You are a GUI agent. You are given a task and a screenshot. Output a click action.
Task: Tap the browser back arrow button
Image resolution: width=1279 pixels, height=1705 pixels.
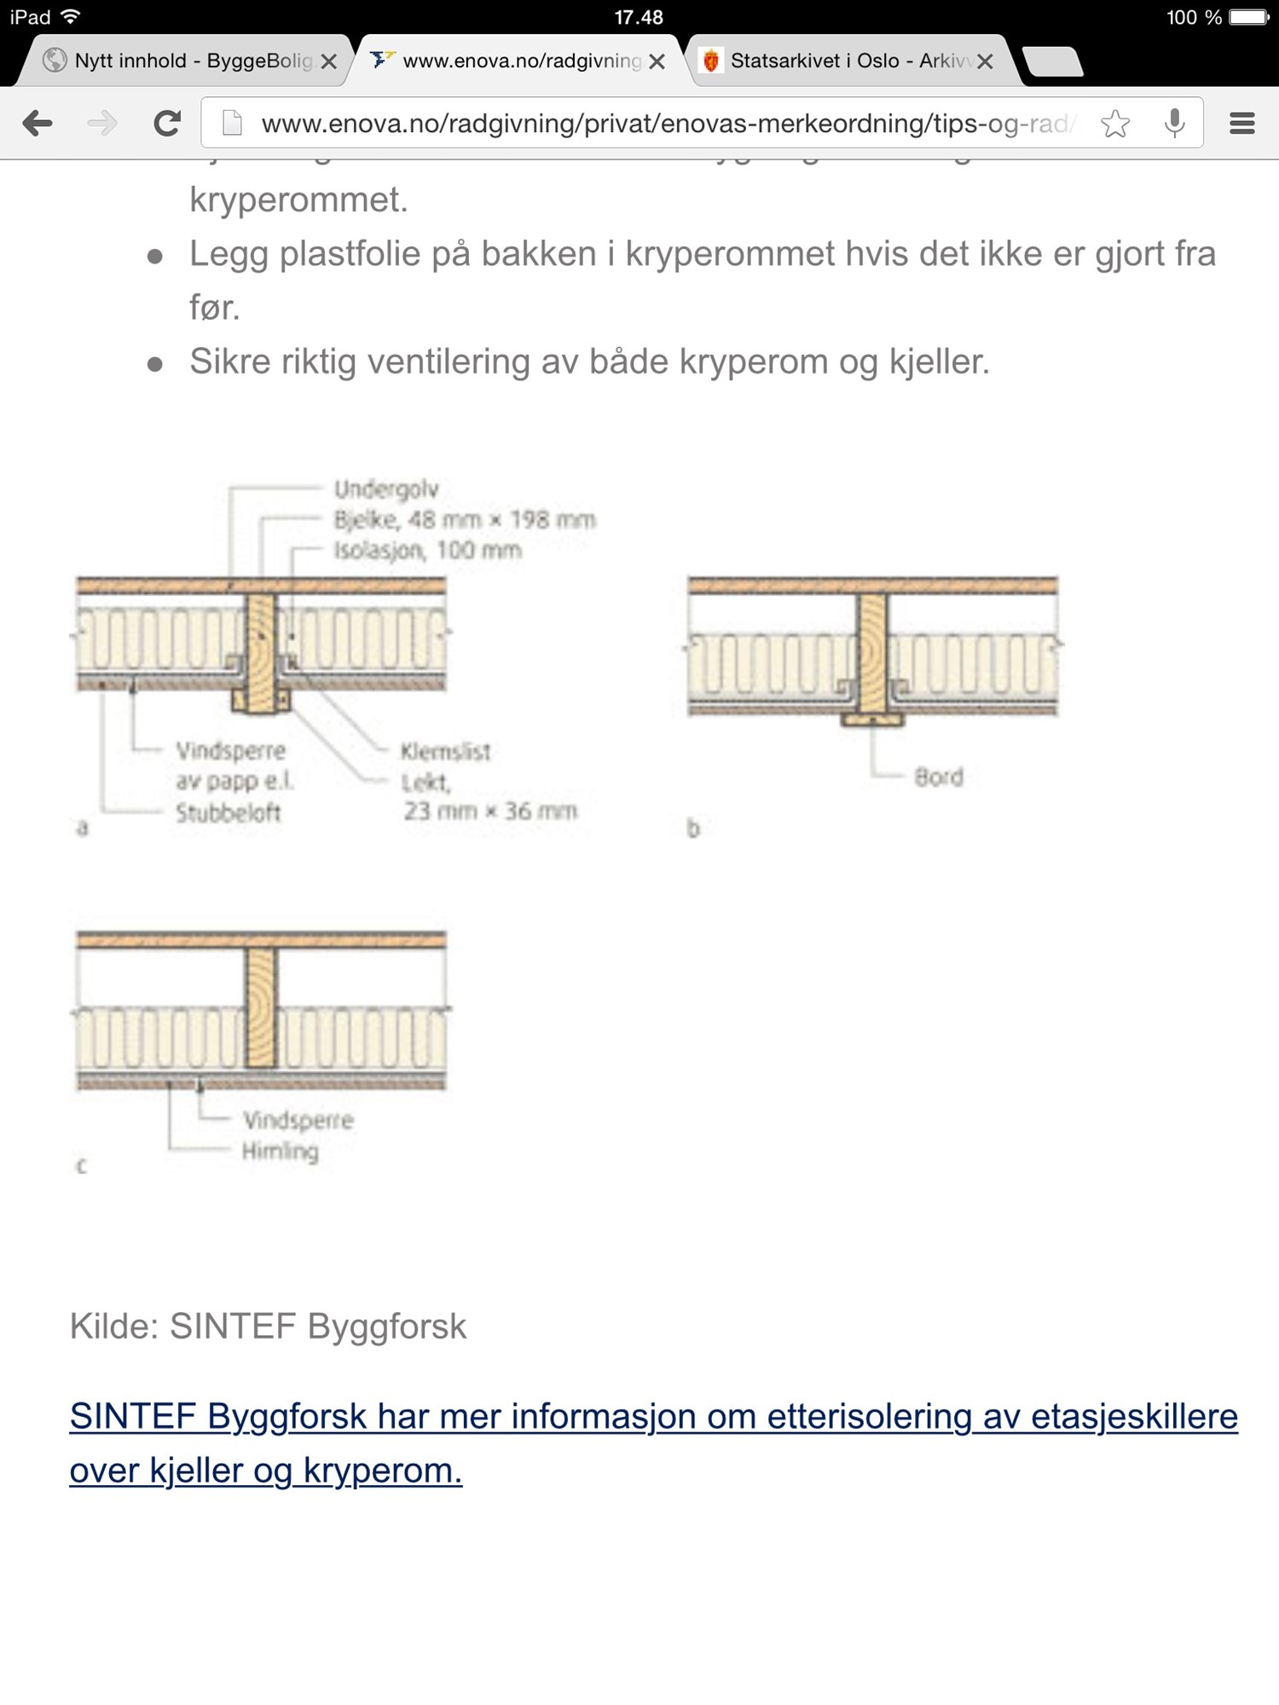pyautogui.click(x=38, y=124)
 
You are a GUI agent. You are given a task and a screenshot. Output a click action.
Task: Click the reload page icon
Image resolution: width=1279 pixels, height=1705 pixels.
pyautogui.click(x=167, y=124)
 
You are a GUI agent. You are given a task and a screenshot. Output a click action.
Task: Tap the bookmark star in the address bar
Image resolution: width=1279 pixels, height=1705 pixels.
pyautogui.click(x=1114, y=124)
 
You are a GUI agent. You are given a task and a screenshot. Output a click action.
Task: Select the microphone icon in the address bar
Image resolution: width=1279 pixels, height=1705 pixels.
pyautogui.click(x=1175, y=124)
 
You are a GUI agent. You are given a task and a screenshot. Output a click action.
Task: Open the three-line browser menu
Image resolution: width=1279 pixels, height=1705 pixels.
pyautogui.click(x=1241, y=124)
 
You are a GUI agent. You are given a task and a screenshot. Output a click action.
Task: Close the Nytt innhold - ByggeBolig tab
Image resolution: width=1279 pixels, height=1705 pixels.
pyautogui.click(x=328, y=61)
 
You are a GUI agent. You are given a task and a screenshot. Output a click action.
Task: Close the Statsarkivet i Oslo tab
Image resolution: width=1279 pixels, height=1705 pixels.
pyautogui.click(x=985, y=61)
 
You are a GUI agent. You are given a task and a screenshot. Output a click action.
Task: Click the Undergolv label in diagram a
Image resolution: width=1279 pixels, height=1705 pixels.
pyautogui.click(x=386, y=489)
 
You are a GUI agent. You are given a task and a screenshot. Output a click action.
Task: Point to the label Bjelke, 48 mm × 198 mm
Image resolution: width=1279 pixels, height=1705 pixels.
pyautogui.click(x=465, y=519)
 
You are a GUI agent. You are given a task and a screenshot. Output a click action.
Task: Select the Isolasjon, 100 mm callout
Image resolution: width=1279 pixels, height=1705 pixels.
pyautogui.click(x=427, y=550)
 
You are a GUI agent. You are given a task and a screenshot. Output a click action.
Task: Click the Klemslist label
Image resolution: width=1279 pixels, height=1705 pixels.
pyautogui.click(x=445, y=751)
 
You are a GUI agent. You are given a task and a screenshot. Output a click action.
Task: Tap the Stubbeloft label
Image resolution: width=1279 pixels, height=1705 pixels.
pyautogui.click(x=229, y=812)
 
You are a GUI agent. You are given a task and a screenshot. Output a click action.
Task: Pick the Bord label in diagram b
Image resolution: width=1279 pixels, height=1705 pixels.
pyautogui.click(x=939, y=777)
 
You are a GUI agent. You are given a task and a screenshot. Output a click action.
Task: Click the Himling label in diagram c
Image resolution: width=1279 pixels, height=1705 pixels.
pyautogui.click(x=281, y=1151)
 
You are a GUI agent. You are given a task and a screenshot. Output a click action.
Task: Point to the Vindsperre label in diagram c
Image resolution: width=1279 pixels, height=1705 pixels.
pyautogui.click(x=298, y=1119)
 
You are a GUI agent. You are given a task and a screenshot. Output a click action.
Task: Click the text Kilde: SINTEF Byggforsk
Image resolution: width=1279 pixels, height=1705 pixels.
pyautogui.click(x=268, y=1326)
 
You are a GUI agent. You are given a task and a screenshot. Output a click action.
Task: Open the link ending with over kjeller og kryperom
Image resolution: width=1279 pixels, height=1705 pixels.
pyautogui.click(x=266, y=1471)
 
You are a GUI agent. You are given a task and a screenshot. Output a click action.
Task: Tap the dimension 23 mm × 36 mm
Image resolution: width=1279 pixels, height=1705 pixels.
pyautogui.click(x=490, y=811)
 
